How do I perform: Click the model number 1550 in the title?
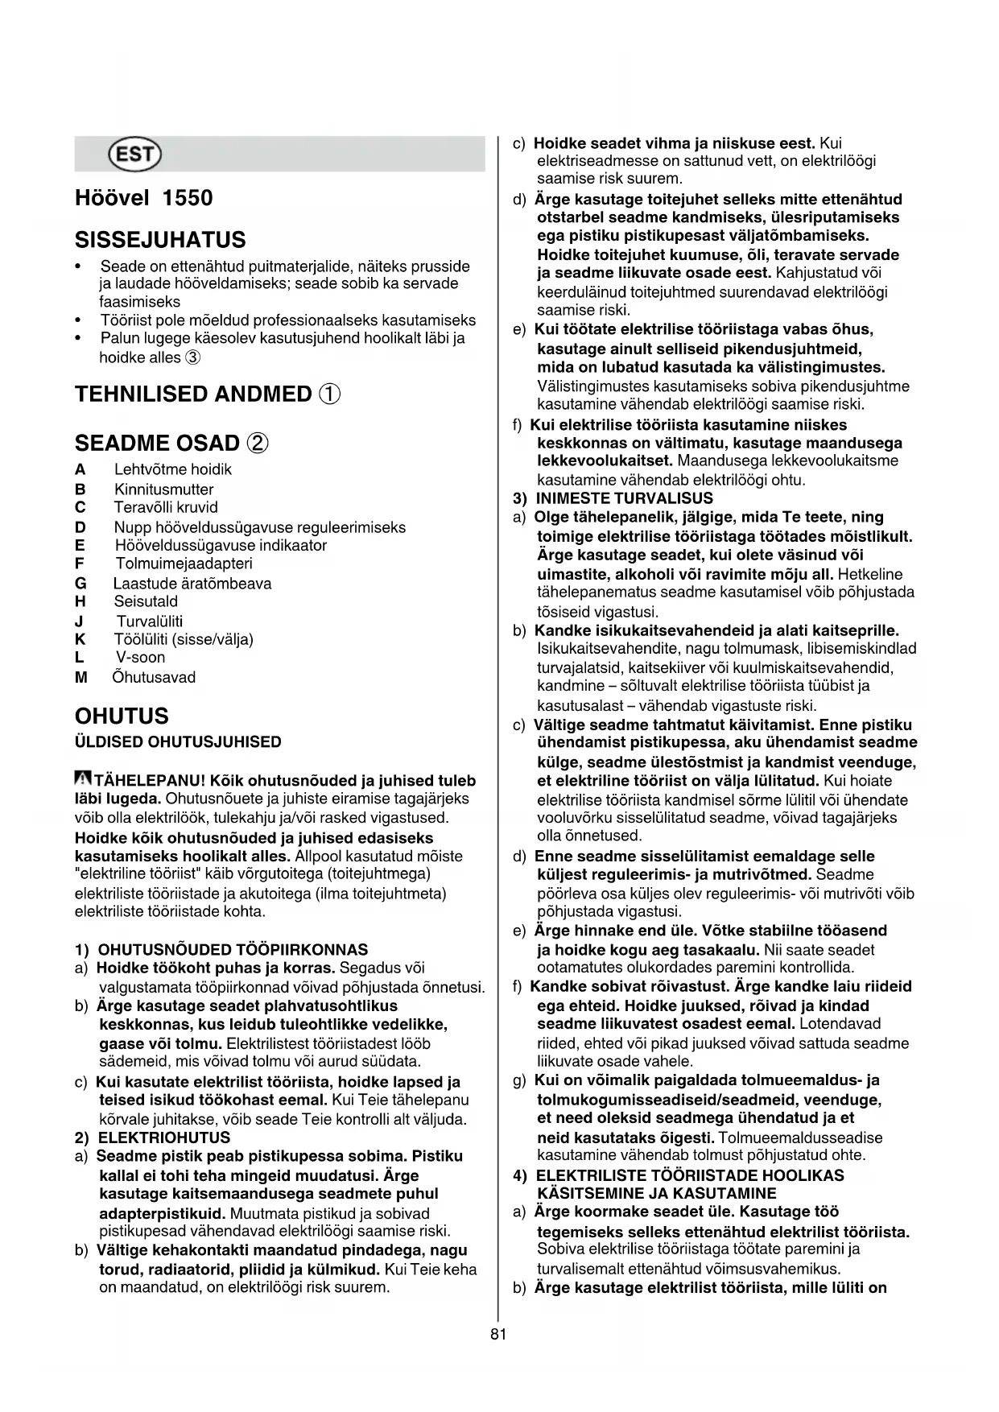[x=188, y=198]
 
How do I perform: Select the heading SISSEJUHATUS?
[x=160, y=240]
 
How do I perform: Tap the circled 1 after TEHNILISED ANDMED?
[x=329, y=394]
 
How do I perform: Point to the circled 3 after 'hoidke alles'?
[x=193, y=357]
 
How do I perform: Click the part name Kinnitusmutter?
[x=163, y=489]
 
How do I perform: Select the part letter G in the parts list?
[x=80, y=584]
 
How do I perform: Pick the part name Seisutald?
[x=146, y=601]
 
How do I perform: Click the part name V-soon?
[x=140, y=658]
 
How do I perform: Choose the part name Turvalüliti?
[x=150, y=621]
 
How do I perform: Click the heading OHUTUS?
[x=122, y=716]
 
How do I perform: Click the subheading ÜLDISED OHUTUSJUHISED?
[x=178, y=742]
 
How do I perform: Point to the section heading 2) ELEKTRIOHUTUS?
[x=153, y=1137]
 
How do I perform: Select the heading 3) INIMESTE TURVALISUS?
[x=613, y=498]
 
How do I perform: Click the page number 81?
[x=498, y=1334]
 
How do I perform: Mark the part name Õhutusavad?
[x=154, y=678]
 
